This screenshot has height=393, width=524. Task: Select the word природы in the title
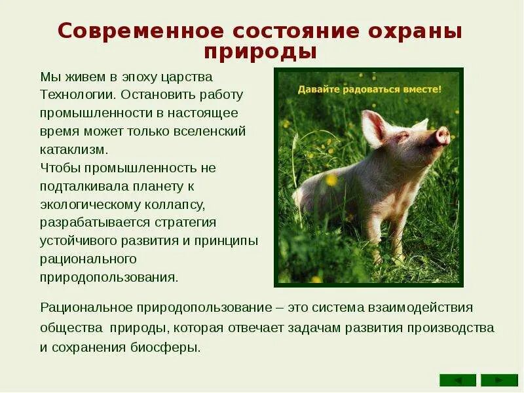tap(261, 51)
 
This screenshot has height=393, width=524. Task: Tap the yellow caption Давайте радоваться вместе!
tap(369, 88)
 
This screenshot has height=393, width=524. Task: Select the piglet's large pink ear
tap(374, 127)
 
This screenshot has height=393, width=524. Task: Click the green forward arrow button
tap(499, 380)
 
